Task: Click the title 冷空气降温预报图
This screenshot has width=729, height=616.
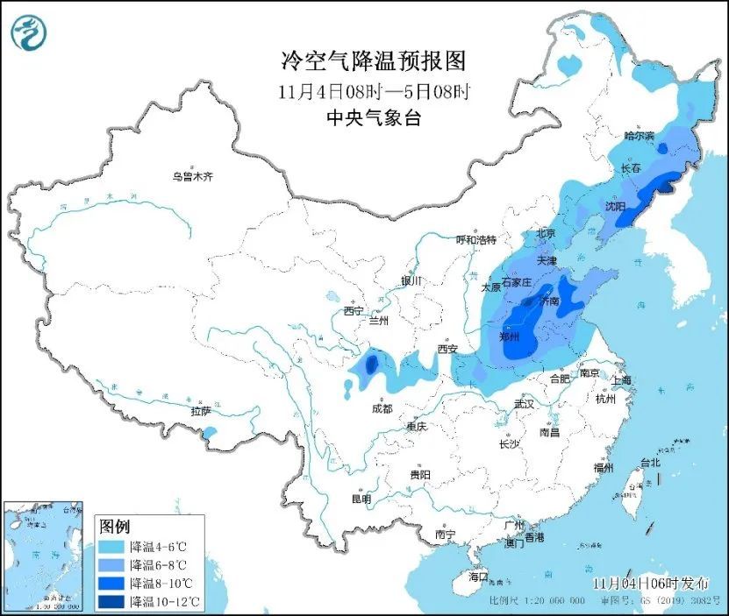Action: [x=372, y=61]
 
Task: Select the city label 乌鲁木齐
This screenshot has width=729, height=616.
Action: [x=192, y=177]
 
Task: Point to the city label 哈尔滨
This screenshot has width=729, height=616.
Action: [x=640, y=136]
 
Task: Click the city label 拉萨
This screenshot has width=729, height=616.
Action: [x=200, y=411]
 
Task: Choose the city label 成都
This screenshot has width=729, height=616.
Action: [x=382, y=408]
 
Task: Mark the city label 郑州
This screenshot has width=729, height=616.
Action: [x=509, y=336]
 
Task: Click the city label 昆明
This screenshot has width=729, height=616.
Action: [x=361, y=499]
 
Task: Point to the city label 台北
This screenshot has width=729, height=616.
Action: [x=650, y=462]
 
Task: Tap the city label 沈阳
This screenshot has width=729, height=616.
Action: [x=615, y=207]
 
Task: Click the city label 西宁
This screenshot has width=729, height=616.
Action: [x=354, y=311]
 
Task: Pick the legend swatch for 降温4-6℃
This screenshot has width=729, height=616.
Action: [x=111, y=546]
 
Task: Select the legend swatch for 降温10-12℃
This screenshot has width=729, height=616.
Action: [x=111, y=601]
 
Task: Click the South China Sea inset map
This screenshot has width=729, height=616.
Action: [x=45, y=556]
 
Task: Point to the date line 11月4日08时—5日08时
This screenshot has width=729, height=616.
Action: [x=373, y=91]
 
